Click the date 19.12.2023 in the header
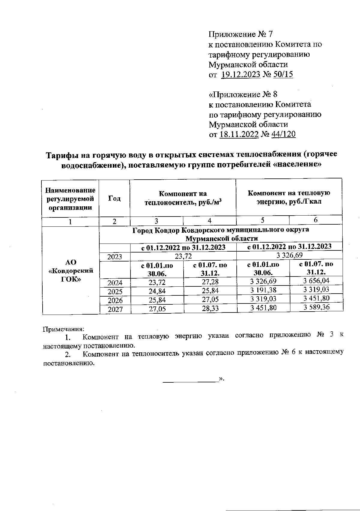click(241, 75)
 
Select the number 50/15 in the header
click(283, 75)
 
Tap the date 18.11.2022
click(239, 134)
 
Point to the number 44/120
click(283, 134)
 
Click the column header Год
click(114, 198)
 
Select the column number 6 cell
click(316, 220)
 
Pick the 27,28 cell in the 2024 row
click(210, 282)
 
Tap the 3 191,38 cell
click(263, 290)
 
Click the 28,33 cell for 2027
click(210, 309)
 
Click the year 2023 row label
click(115, 257)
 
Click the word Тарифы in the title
click(62, 155)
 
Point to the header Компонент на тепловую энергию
click(289, 197)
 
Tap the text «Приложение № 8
click(243, 94)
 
